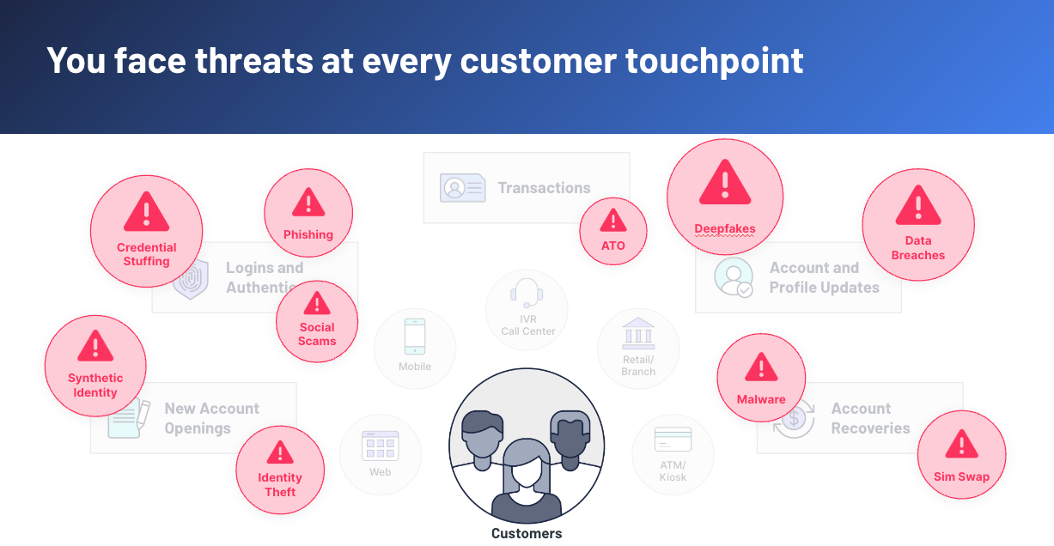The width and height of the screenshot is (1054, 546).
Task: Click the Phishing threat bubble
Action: click(308, 214)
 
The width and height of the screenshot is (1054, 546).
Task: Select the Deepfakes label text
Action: click(725, 229)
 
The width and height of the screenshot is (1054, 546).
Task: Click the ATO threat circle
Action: click(612, 230)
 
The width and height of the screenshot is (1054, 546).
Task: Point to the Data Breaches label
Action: click(918, 248)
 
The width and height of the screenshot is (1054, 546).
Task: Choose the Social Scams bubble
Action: click(317, 322)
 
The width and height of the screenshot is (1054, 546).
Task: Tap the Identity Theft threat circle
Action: click(280, 470)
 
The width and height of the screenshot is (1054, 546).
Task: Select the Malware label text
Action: click(761, 399)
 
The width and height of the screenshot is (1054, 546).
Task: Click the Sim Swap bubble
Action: click(961, 454)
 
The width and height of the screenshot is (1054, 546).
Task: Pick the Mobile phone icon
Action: click(415, 337)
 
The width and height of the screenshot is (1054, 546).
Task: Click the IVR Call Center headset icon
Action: click(527, 293)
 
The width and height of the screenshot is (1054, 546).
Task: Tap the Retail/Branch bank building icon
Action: click(638, 333)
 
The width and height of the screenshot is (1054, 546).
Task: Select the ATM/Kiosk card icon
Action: click(673, 440)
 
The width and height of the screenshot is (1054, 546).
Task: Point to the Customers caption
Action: click(527, 533)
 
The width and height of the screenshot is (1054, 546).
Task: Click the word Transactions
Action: click(544, 188)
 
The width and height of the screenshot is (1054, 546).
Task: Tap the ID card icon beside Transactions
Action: click(463, 188)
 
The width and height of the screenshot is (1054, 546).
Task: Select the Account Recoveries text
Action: click(869, 418)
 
